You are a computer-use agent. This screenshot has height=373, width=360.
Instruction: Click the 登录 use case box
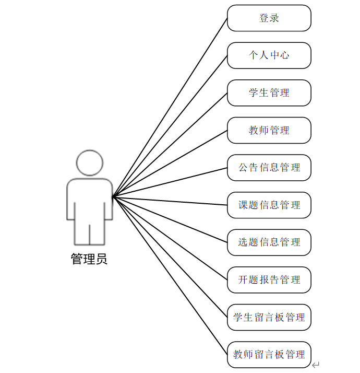tap(269, 18)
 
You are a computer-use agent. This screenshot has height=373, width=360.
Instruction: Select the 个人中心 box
tap(269, 55)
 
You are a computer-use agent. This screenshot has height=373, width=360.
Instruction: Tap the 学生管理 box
tap(269, 93)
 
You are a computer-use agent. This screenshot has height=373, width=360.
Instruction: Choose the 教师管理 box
tap(269, 130)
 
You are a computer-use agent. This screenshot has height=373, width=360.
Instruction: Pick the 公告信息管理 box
tap(269, 168)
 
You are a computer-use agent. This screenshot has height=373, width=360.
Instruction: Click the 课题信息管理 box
tap(269, 205)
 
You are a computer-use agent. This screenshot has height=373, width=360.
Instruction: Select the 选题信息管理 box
tap(269, 242)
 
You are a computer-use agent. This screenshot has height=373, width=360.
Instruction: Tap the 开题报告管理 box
tap(269, 279)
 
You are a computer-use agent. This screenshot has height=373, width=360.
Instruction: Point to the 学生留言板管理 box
tap(269, 317)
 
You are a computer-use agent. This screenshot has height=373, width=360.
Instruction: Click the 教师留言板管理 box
tap(269, 354)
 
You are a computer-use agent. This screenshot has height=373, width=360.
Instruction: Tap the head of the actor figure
tap(90, 163)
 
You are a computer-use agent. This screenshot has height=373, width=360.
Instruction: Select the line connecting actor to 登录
tap(170, 107)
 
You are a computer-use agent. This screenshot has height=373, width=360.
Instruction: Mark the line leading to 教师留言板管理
tap(170, 275)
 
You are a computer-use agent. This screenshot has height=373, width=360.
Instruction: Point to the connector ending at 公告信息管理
tap(170, 182)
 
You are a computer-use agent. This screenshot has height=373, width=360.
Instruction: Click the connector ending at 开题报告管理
tap(170, 238)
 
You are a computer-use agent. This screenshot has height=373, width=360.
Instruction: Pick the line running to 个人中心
tap(170, 126)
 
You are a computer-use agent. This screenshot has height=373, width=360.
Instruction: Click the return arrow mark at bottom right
tap(316, 365)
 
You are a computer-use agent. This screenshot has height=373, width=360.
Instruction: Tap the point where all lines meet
tap(113, 196)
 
